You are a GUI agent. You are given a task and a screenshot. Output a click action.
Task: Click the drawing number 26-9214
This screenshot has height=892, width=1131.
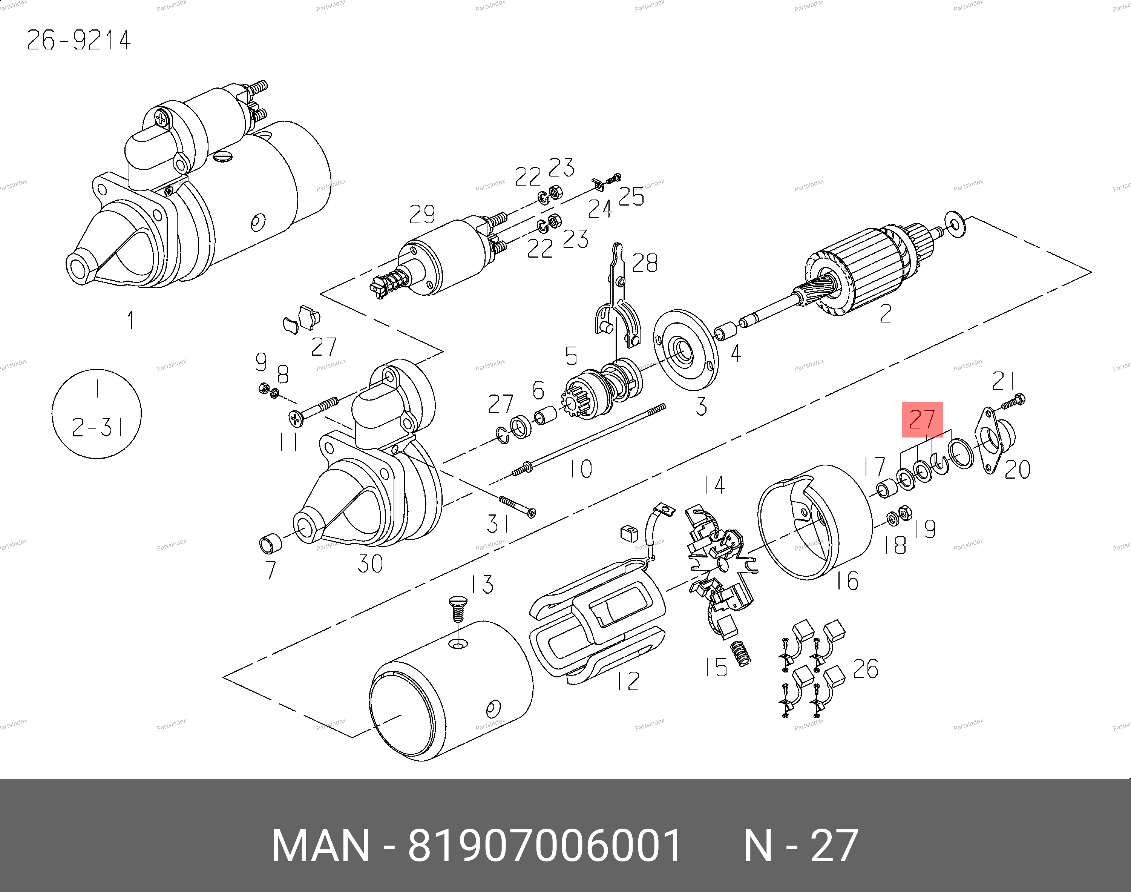[x=78, y=40]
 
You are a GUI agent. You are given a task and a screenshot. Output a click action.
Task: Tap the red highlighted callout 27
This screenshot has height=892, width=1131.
[x=922, y=419]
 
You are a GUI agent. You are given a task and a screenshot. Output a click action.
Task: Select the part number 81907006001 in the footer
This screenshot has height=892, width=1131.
[x=544, y=845]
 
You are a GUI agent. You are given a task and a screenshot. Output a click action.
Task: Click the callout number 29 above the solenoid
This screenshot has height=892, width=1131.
[x=422, y=214]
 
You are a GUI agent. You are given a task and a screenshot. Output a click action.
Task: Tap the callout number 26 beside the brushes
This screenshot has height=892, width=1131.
[x=865, y=668]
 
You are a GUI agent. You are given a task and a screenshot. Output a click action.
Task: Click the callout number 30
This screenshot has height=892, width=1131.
[x=370, y=563]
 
